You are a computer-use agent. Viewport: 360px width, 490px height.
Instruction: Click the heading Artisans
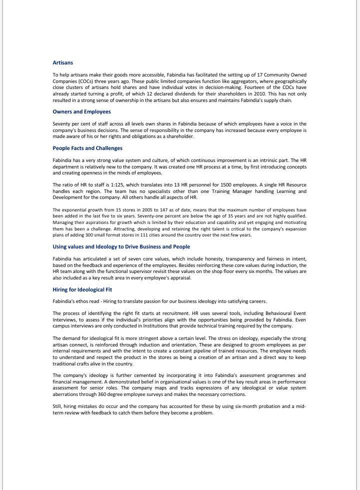62,62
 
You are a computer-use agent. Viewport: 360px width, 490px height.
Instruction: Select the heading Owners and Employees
81,111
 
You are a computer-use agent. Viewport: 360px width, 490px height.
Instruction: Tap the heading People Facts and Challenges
87,148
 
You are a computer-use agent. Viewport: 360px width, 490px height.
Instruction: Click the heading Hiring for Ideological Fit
82,289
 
